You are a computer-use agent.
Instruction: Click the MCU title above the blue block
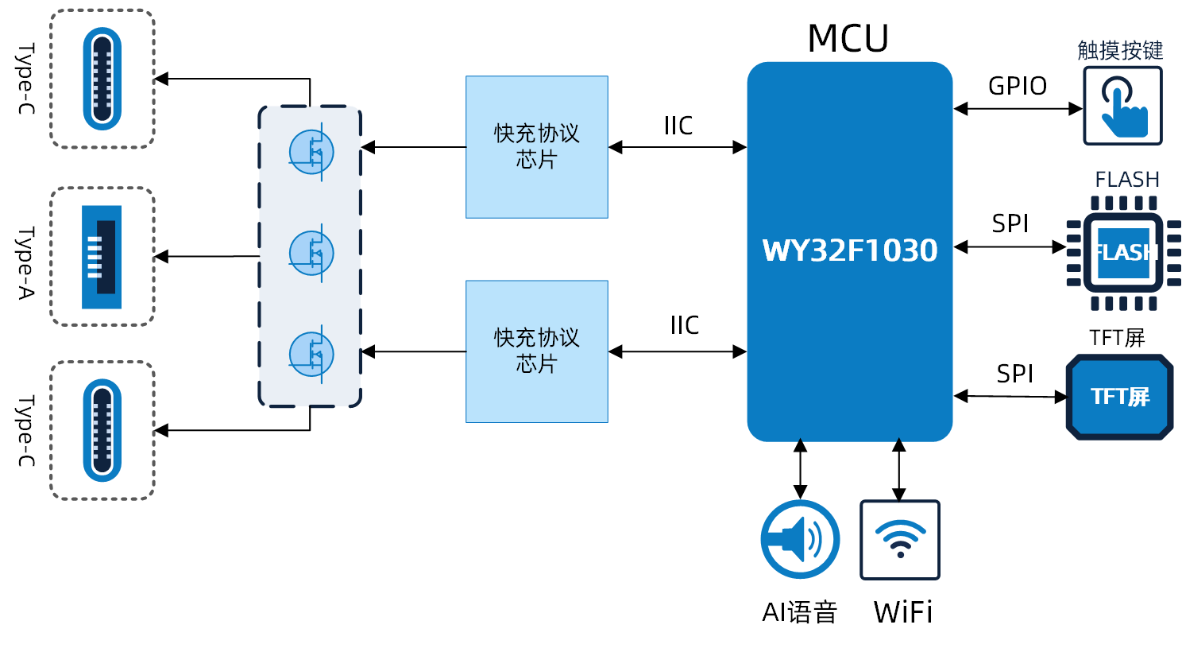848,38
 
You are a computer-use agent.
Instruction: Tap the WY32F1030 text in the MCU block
850,250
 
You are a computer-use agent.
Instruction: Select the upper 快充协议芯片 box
537,147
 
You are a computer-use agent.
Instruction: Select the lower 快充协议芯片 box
537,351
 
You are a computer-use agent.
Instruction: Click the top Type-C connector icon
102,79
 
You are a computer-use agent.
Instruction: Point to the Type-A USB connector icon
102,257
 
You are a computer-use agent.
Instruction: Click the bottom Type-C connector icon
102,430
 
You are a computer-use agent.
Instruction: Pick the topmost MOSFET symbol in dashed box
311,151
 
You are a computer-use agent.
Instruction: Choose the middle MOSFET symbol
311,252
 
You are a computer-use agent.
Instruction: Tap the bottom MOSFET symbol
311,353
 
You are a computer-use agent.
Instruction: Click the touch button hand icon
1122,106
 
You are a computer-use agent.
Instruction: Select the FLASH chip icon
1123,253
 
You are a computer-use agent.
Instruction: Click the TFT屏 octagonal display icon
1119,397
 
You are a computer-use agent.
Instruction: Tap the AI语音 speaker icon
800,539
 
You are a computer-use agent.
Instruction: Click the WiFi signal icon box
900,540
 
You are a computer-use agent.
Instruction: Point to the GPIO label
1017,86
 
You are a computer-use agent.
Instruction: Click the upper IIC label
678,126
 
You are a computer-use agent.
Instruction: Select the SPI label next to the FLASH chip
1010,224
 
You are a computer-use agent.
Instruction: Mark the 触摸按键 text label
1120,51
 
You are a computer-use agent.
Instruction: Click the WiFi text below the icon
903,612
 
